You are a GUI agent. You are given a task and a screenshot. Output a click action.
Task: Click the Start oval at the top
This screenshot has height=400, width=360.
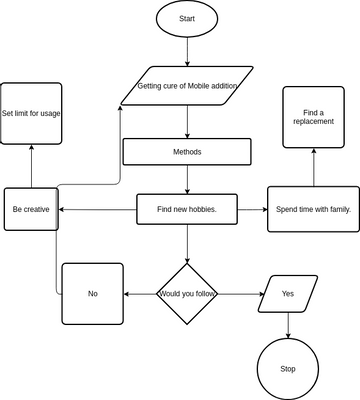[x=188, y=20]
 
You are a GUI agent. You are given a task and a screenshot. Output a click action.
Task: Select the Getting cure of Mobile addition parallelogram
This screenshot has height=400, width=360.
[x=188, y=87]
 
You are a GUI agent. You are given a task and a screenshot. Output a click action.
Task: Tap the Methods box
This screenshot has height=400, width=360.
[x=187, y=152]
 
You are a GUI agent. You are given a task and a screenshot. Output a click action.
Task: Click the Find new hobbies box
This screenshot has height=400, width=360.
[x=187, y=210]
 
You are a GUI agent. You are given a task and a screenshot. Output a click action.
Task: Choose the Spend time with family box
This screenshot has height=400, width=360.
[x=313, y=210]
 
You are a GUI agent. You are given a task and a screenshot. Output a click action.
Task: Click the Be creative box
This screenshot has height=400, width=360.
[x=30, y=210]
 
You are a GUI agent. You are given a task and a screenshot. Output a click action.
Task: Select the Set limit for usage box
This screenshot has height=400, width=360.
[x=31, y=113]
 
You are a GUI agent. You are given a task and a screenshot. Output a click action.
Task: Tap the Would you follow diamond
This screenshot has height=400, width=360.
[x=188, y=293]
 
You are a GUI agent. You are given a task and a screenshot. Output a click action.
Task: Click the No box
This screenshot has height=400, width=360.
[x=93, y=294]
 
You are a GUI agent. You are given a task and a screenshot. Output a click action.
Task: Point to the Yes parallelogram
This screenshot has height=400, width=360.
[x=288, y=294]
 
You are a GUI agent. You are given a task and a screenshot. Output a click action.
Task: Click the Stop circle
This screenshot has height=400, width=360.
[x=288, y=369]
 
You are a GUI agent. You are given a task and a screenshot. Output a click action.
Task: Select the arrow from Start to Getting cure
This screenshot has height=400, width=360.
[x=188, y=54]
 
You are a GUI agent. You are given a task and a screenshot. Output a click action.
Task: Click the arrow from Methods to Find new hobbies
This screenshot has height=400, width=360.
[x=188, y=180]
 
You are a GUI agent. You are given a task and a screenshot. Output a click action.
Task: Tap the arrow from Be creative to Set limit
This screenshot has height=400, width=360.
[x=31, y=165]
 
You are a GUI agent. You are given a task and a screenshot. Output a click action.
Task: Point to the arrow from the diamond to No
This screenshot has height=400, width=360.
[x=140, y=294]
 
